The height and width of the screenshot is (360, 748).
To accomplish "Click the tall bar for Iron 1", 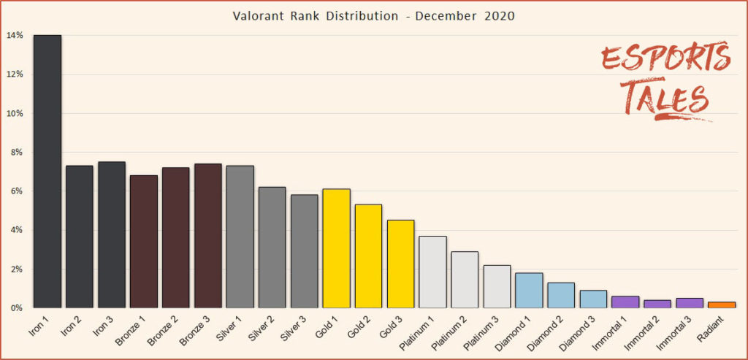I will coord(47,172).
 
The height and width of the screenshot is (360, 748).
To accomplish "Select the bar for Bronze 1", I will coord(144,242).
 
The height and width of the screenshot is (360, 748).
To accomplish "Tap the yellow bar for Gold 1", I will coord(336,248).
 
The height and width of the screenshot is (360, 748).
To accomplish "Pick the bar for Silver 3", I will coord(304,251).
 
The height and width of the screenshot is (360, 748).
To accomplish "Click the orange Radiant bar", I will coord(721,305).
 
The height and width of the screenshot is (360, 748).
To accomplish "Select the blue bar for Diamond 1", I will coord(528,291).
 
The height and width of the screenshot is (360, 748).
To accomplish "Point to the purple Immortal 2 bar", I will coord(657,304).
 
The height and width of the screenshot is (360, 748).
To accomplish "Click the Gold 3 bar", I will coord(400,264).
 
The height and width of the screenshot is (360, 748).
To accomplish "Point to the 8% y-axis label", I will coord(16,153).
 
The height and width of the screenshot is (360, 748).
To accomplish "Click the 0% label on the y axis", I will coord(16,308).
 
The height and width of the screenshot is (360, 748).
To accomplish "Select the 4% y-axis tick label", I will coord(16,231).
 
